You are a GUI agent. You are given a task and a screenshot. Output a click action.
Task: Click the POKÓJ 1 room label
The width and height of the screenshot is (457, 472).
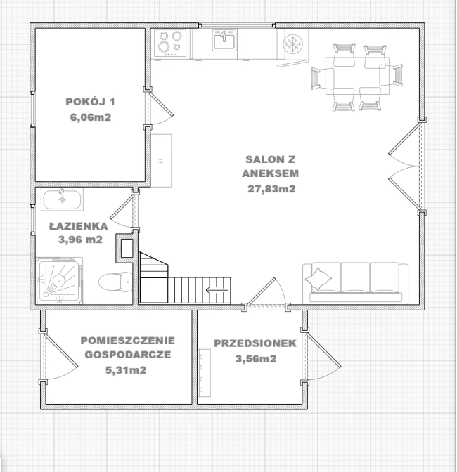[x=90, y=102]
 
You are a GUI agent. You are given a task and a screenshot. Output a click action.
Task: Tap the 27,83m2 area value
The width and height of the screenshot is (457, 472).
[x=271, y=189]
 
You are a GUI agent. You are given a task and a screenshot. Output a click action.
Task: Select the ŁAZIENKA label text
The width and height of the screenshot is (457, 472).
[x=78, y=225]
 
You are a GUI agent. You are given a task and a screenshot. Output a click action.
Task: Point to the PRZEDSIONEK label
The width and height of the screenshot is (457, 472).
[x=255, y=343]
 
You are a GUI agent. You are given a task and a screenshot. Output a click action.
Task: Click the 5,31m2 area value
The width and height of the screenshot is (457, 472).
[x=126, y=369]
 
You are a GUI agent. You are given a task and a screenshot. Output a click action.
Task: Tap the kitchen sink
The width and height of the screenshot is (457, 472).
[x=224, y=40]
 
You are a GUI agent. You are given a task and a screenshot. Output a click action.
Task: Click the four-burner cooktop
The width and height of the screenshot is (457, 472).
[x=170, y=43]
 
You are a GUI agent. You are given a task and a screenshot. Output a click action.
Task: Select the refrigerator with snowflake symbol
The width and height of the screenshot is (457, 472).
[x=292, y=44]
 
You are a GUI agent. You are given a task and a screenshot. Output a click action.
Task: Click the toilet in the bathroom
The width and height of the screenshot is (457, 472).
[x=115, y=282]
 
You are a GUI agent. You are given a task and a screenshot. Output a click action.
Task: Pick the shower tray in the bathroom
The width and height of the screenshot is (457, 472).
[x=59, y=280]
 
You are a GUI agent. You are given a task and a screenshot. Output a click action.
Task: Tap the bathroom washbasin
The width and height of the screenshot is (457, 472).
[x=62, y=199]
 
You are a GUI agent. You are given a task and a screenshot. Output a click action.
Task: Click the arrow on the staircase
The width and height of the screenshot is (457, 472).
[x=217, y=290]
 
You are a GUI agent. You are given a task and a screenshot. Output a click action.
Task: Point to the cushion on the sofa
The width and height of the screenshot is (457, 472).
[x=318, y=280]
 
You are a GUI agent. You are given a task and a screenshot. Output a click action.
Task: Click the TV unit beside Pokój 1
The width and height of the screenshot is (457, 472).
[x=161, y=161]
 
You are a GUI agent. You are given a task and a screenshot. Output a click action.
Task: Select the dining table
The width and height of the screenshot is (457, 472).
[x=357, y=76]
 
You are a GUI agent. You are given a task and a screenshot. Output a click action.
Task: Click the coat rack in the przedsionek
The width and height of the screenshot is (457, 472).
[x=205, y=373]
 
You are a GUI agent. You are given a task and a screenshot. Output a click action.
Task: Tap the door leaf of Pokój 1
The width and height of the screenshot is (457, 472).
[x=162, y=104]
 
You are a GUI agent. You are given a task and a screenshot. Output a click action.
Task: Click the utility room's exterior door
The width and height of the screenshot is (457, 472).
[x=61, y=350]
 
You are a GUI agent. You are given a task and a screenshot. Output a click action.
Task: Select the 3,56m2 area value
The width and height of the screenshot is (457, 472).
[x=256, y=358]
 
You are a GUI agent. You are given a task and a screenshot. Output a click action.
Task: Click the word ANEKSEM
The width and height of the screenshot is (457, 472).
[x=271, y=173]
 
